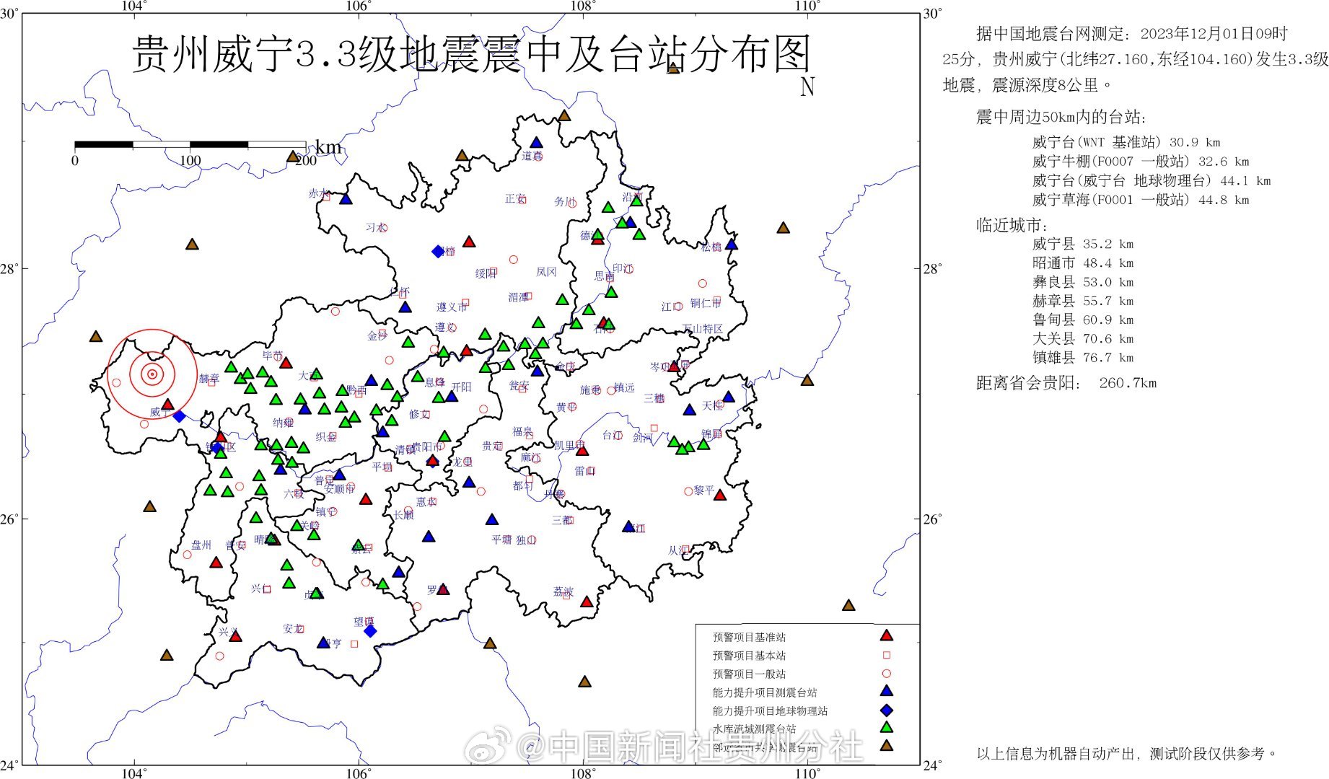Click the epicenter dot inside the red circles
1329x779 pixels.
[152, 374]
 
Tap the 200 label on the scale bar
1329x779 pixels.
[305, 161]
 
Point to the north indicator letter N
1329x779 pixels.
[807, 87]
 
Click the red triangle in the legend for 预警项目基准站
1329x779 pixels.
[887, 635]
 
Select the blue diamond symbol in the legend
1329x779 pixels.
[887, 710]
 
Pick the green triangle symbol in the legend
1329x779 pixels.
[887, 727]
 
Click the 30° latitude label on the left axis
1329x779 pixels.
[9, 14]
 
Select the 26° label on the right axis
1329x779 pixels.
[932, 519]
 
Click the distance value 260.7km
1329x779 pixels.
[1128, 383]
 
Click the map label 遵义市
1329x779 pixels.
[451, 307]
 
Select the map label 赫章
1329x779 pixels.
[209, 378]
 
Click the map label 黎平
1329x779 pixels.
[703, 490]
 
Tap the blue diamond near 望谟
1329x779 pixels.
[370, 631]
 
